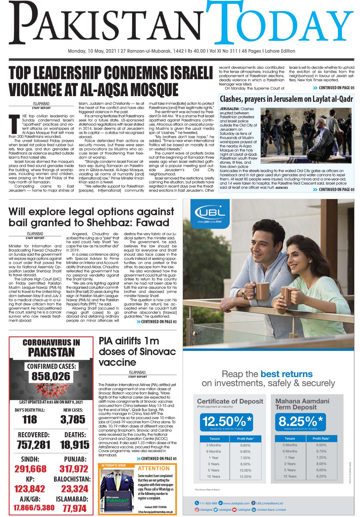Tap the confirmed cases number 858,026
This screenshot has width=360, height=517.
(x=51, y=376)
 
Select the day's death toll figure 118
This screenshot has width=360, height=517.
(x=30, y=419)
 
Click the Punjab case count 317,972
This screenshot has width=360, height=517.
(x=74, y=469)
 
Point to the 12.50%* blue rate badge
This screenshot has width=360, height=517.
(x=227, y=422)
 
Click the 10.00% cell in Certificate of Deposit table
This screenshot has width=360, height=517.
(x=245, y=470)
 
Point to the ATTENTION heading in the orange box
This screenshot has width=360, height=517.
(x=154, y=468)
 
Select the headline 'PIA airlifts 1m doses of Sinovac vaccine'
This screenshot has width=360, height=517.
(x=137, y=352)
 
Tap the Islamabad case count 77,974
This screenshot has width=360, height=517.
(x=74, y=508)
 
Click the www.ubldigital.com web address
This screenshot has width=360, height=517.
(x=236, y=503)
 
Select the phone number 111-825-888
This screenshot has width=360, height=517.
(x=208, y=503)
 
